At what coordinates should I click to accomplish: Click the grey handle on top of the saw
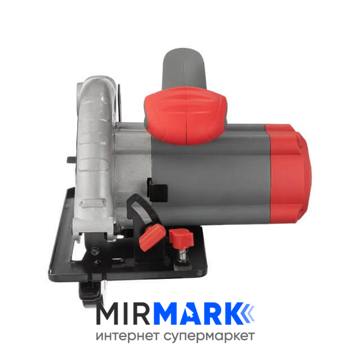[184, 69]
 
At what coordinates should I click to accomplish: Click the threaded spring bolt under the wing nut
[183, 255]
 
